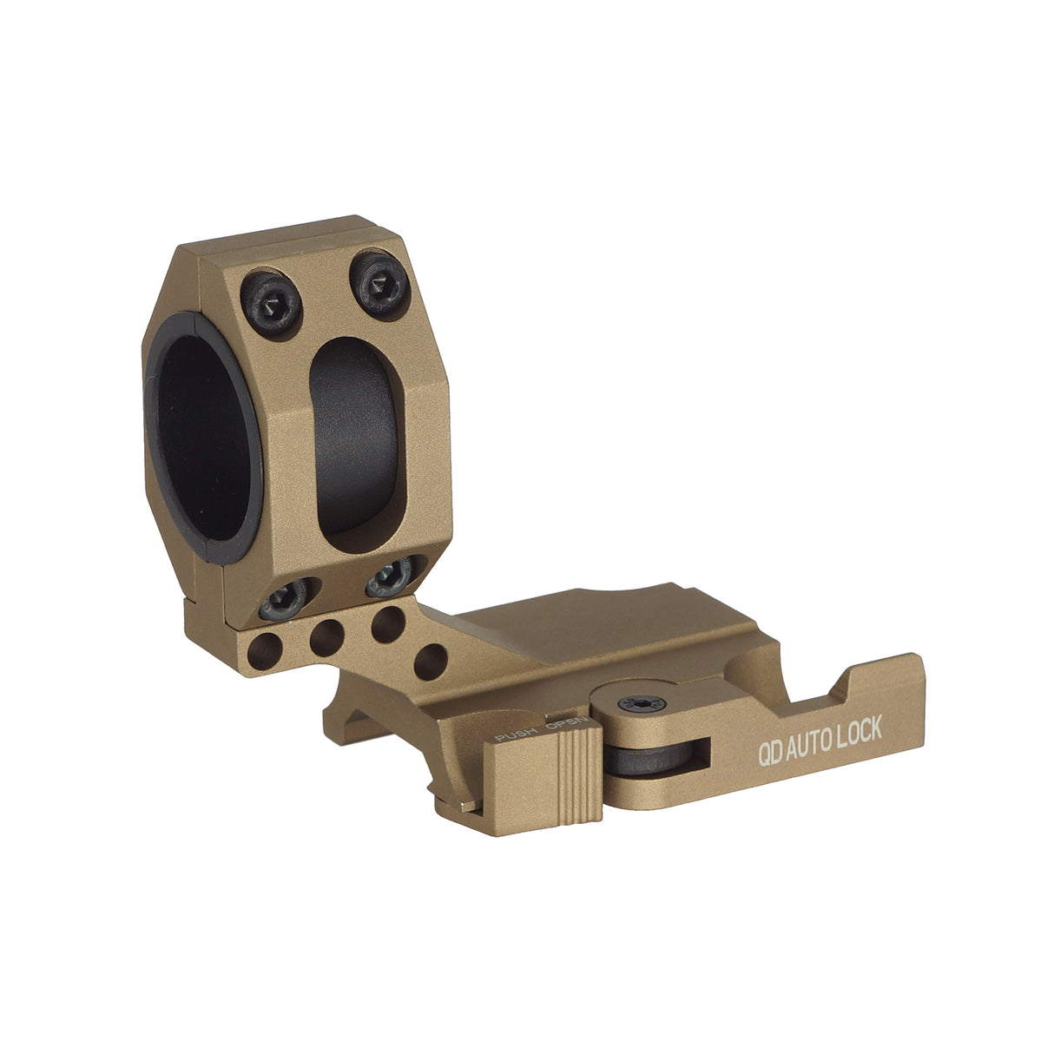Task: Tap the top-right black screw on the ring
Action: coord(374,281)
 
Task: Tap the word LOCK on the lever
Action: coord(861,732)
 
